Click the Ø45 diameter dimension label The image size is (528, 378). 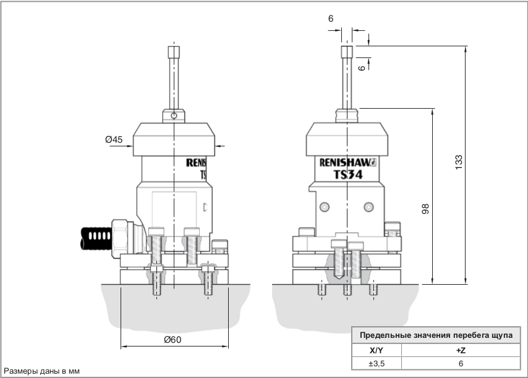(113, 140)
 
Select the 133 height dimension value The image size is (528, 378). (458, 162)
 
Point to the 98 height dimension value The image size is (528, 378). (425, 208)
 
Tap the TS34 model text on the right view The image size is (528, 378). (347, 174)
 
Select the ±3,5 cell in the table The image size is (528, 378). (377, 364)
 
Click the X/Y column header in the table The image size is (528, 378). (377, 350)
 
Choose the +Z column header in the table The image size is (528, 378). (460, 350)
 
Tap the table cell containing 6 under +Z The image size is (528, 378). (460, 364)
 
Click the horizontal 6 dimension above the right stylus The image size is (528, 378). (331, 19)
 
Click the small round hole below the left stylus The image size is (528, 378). (175, 115)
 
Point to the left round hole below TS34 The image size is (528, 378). (324, 206)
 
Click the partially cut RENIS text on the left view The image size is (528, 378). (198, 164)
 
